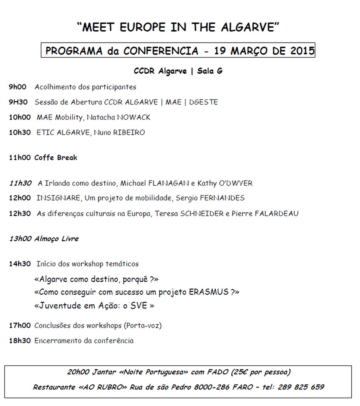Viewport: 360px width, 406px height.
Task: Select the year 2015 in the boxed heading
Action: coord(302,51)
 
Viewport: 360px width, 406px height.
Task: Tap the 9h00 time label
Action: coord(18,87)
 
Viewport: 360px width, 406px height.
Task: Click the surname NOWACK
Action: coord(134,117)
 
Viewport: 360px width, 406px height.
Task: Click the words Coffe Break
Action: coord(56,158)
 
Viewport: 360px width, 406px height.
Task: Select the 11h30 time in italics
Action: coord(20,183)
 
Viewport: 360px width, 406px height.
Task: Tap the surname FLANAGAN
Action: coord(168,184)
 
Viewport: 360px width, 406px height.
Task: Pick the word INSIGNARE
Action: coord(58,198)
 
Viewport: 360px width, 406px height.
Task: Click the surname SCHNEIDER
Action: coord(202,214)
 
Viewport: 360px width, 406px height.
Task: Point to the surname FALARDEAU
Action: coord(277,214)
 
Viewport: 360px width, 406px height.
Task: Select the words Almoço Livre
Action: coord(56,239)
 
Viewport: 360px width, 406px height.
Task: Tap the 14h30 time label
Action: coord(20,264)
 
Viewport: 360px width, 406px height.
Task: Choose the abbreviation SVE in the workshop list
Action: coord(139,306)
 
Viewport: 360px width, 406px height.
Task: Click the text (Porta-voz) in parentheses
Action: coord(143,326)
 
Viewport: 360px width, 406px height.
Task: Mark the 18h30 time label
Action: coord(20,341)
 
